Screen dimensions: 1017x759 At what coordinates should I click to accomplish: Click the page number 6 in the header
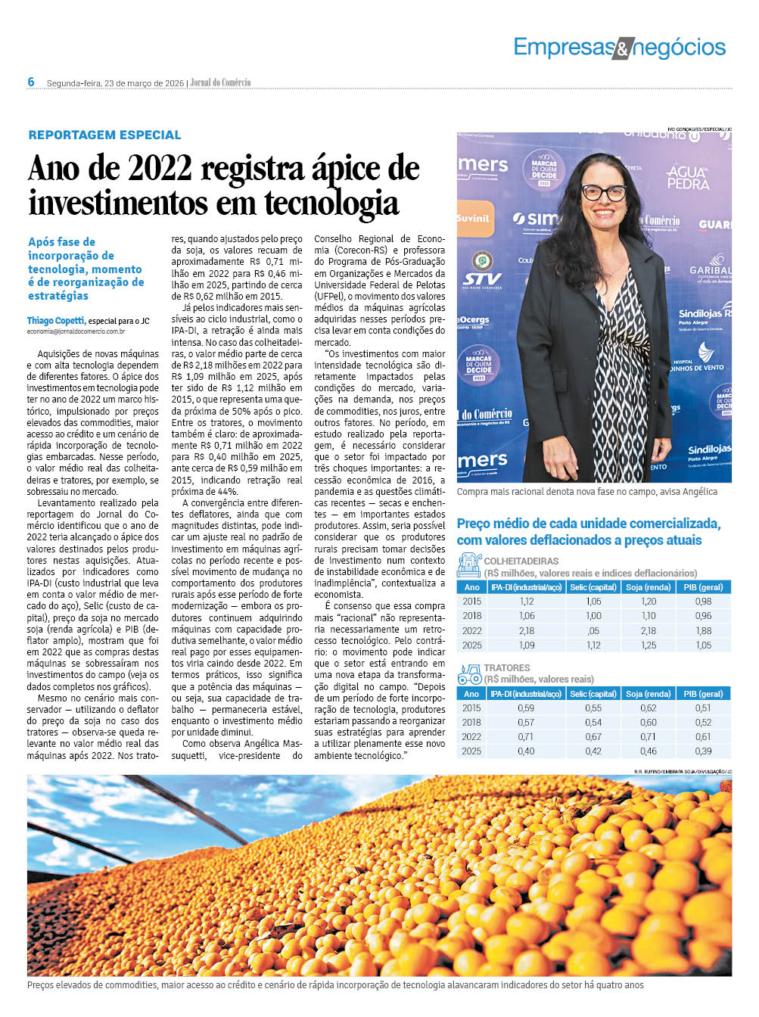pyautogui.click(x=31, y=82)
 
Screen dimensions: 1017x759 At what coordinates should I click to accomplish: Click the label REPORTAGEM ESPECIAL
pyautogui.click(x=104, y=135)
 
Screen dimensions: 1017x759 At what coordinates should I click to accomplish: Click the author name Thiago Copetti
pyautogui.click(x=56, y=321)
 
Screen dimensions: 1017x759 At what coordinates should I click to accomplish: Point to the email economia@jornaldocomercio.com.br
pyautogui.click(x=76, y=331)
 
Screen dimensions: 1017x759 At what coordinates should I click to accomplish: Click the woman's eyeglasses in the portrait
pyautogui.click(x=603, y=192)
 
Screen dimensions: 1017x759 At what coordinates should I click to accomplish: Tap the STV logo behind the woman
pyautogui.click(x=483, y=279)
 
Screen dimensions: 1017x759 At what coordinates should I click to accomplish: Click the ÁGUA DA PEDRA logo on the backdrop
pyautogui.click(x=687, y=177)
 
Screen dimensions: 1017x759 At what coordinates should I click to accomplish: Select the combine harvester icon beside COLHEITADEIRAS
pyautogui.click(x=469, y=565)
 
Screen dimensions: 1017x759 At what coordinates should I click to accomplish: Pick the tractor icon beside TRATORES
pyautogui.click(x=469, y=673)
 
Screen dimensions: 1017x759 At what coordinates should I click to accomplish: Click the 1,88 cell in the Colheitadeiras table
pyautogui.click(x=703, y=631)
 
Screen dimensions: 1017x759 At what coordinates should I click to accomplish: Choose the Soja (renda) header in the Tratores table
pyautogui.click(x=648, y=694)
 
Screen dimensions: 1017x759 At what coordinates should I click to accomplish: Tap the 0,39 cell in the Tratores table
pyautogui.click(x=703, y=751)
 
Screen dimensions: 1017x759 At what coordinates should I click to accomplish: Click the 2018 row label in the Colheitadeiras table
pyautogui.click(x=471, y=616)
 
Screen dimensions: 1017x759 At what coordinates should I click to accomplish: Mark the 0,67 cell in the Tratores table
pyautogui.click(x=593, y=737)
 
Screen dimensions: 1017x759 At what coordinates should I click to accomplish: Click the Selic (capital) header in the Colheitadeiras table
pyautogui.click(x=593, y=587)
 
